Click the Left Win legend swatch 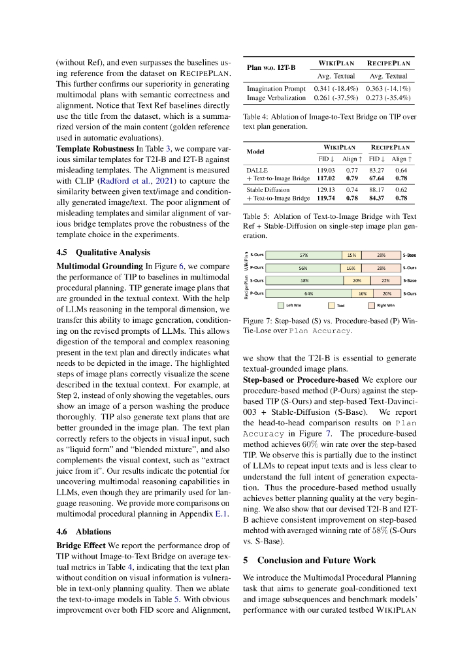point(281,305)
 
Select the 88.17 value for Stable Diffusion point(378,189)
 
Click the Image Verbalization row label point(276,97)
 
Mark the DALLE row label point(257,169)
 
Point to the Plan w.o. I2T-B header point(271,67)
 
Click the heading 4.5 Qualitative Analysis point(103,252)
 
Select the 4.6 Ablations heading point(84,531)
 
